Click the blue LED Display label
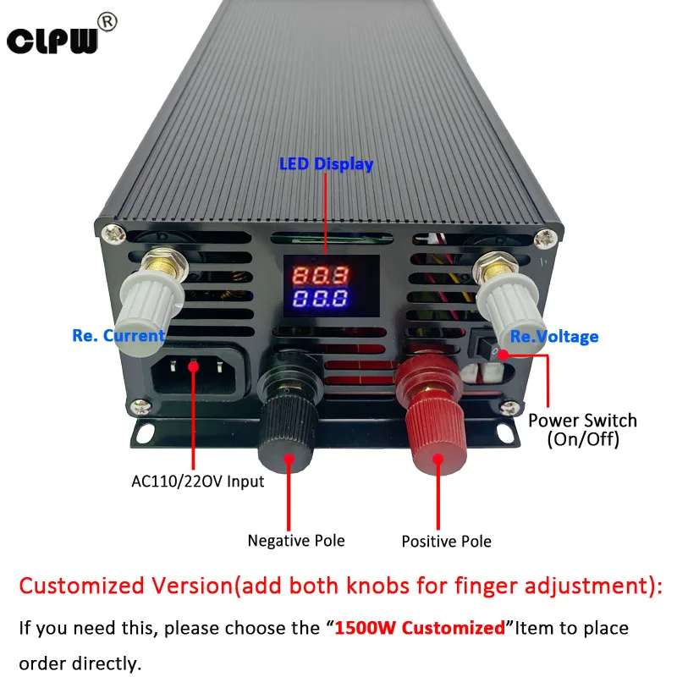pos(326,164)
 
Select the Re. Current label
pos(118,336)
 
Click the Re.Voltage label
pos(554,337)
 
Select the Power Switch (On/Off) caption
pos(583,430)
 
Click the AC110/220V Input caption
pos(198,482)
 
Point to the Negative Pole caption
pos(296,540)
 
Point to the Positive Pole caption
pos(446,541)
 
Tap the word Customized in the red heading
pos(86,586)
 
